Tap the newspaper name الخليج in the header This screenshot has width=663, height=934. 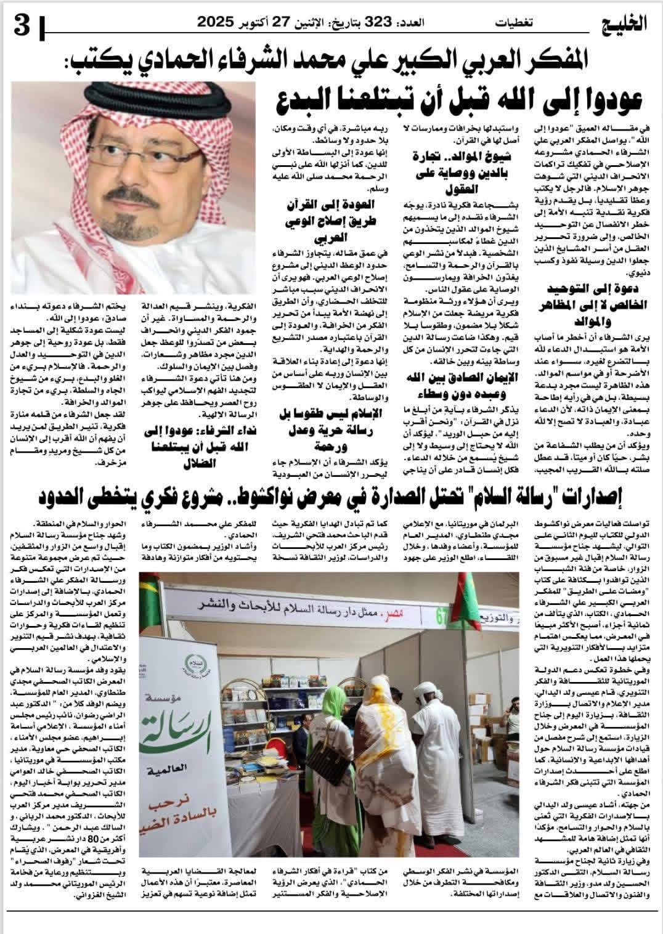click(626, 23)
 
